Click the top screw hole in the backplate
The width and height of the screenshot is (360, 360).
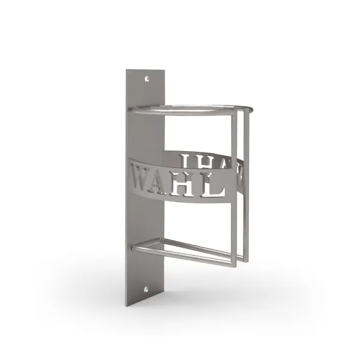[x=147, y=79]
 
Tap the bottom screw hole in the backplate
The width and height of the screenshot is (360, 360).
[x=146, y=289]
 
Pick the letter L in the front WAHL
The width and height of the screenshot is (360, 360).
[x=213, y=185]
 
